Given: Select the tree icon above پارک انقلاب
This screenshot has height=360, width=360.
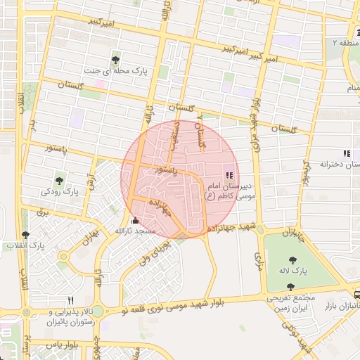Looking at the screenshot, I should [26, 235].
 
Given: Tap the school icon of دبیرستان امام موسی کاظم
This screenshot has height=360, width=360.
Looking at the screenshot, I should [228, 174].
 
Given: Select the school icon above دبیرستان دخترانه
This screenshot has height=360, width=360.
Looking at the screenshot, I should [345, 153].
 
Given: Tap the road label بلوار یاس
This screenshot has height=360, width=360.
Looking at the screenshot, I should [63, 346].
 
